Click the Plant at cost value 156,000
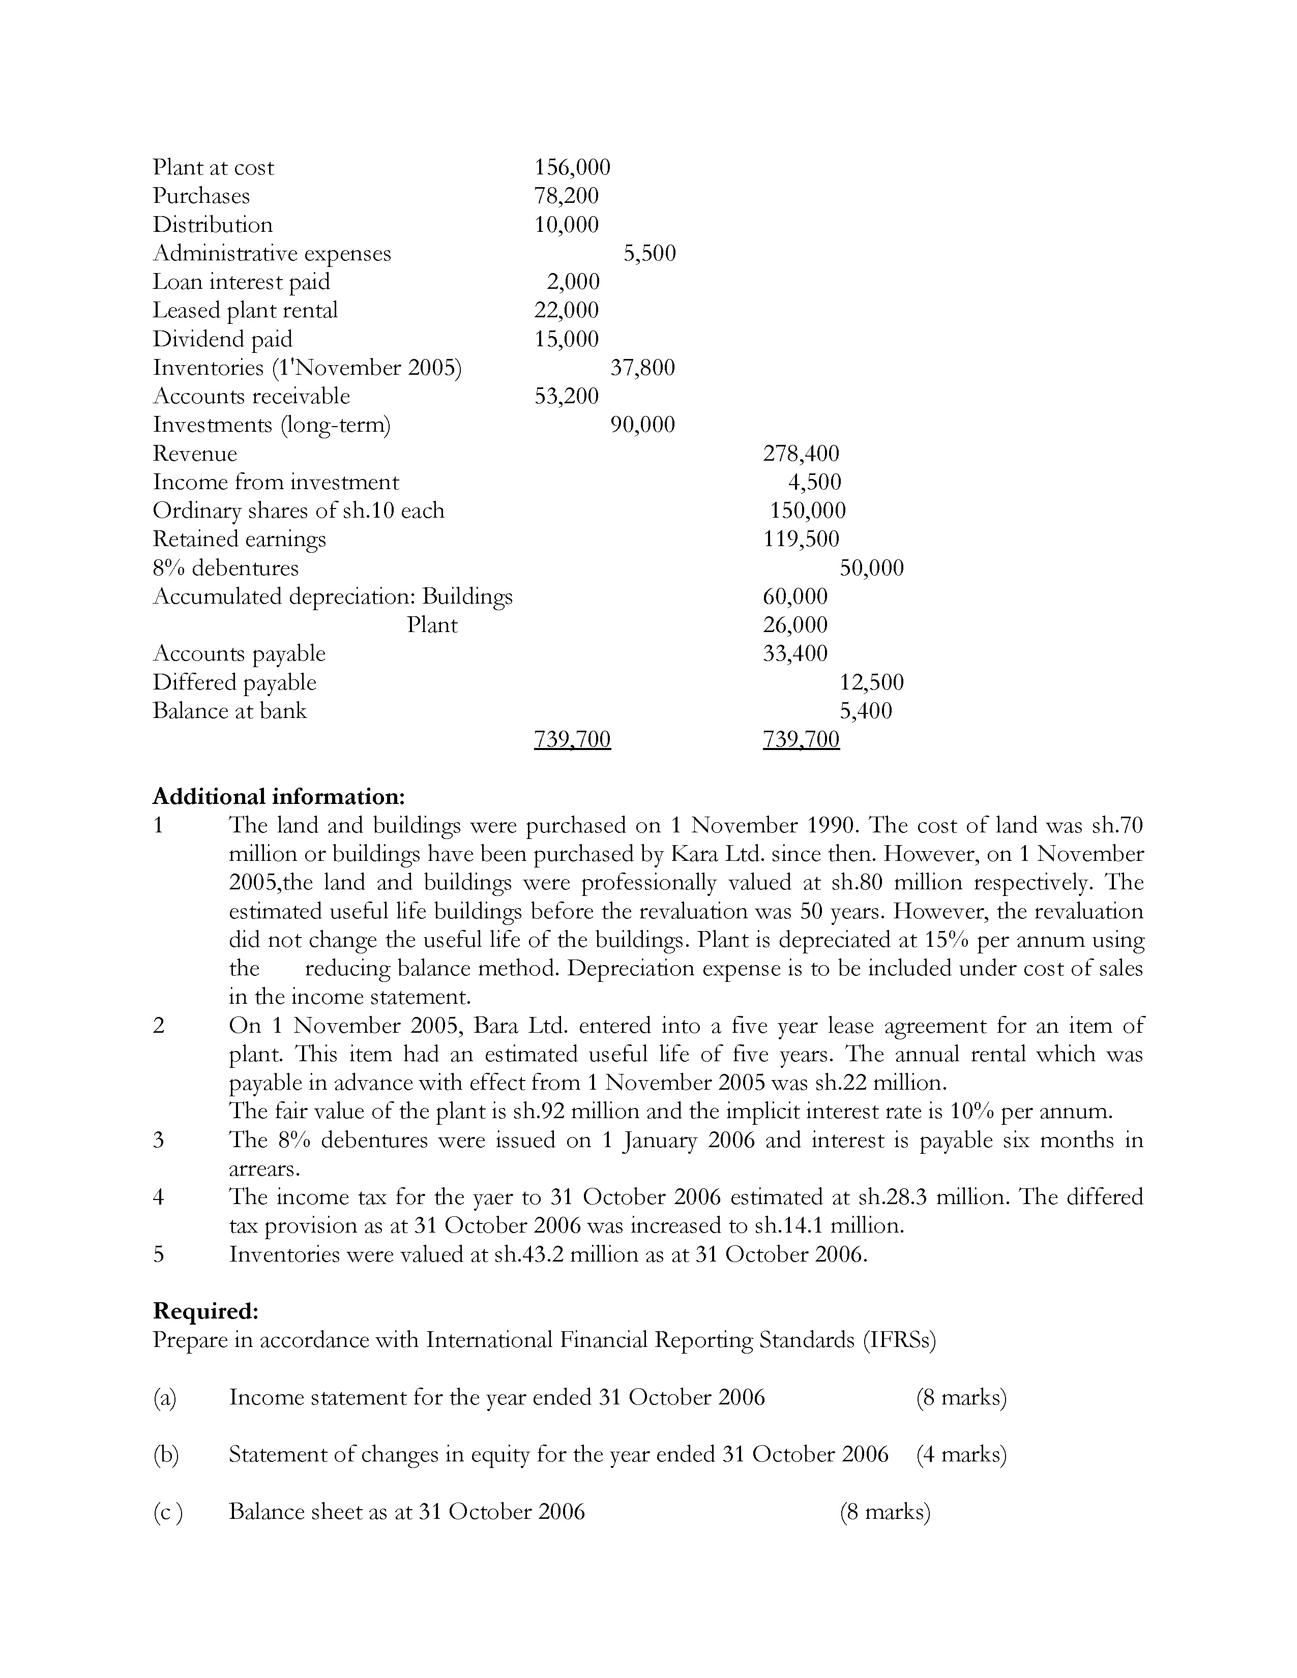[572, 167]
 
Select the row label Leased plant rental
[245, 310]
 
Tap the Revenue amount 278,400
[801, 453]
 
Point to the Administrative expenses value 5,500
[650, 254]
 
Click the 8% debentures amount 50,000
[871, 568]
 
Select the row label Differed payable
[234, 682]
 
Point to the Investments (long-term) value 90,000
[642, 425]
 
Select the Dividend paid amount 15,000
[566, 339]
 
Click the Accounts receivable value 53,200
[566, 397]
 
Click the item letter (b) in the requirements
[165, 1454]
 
